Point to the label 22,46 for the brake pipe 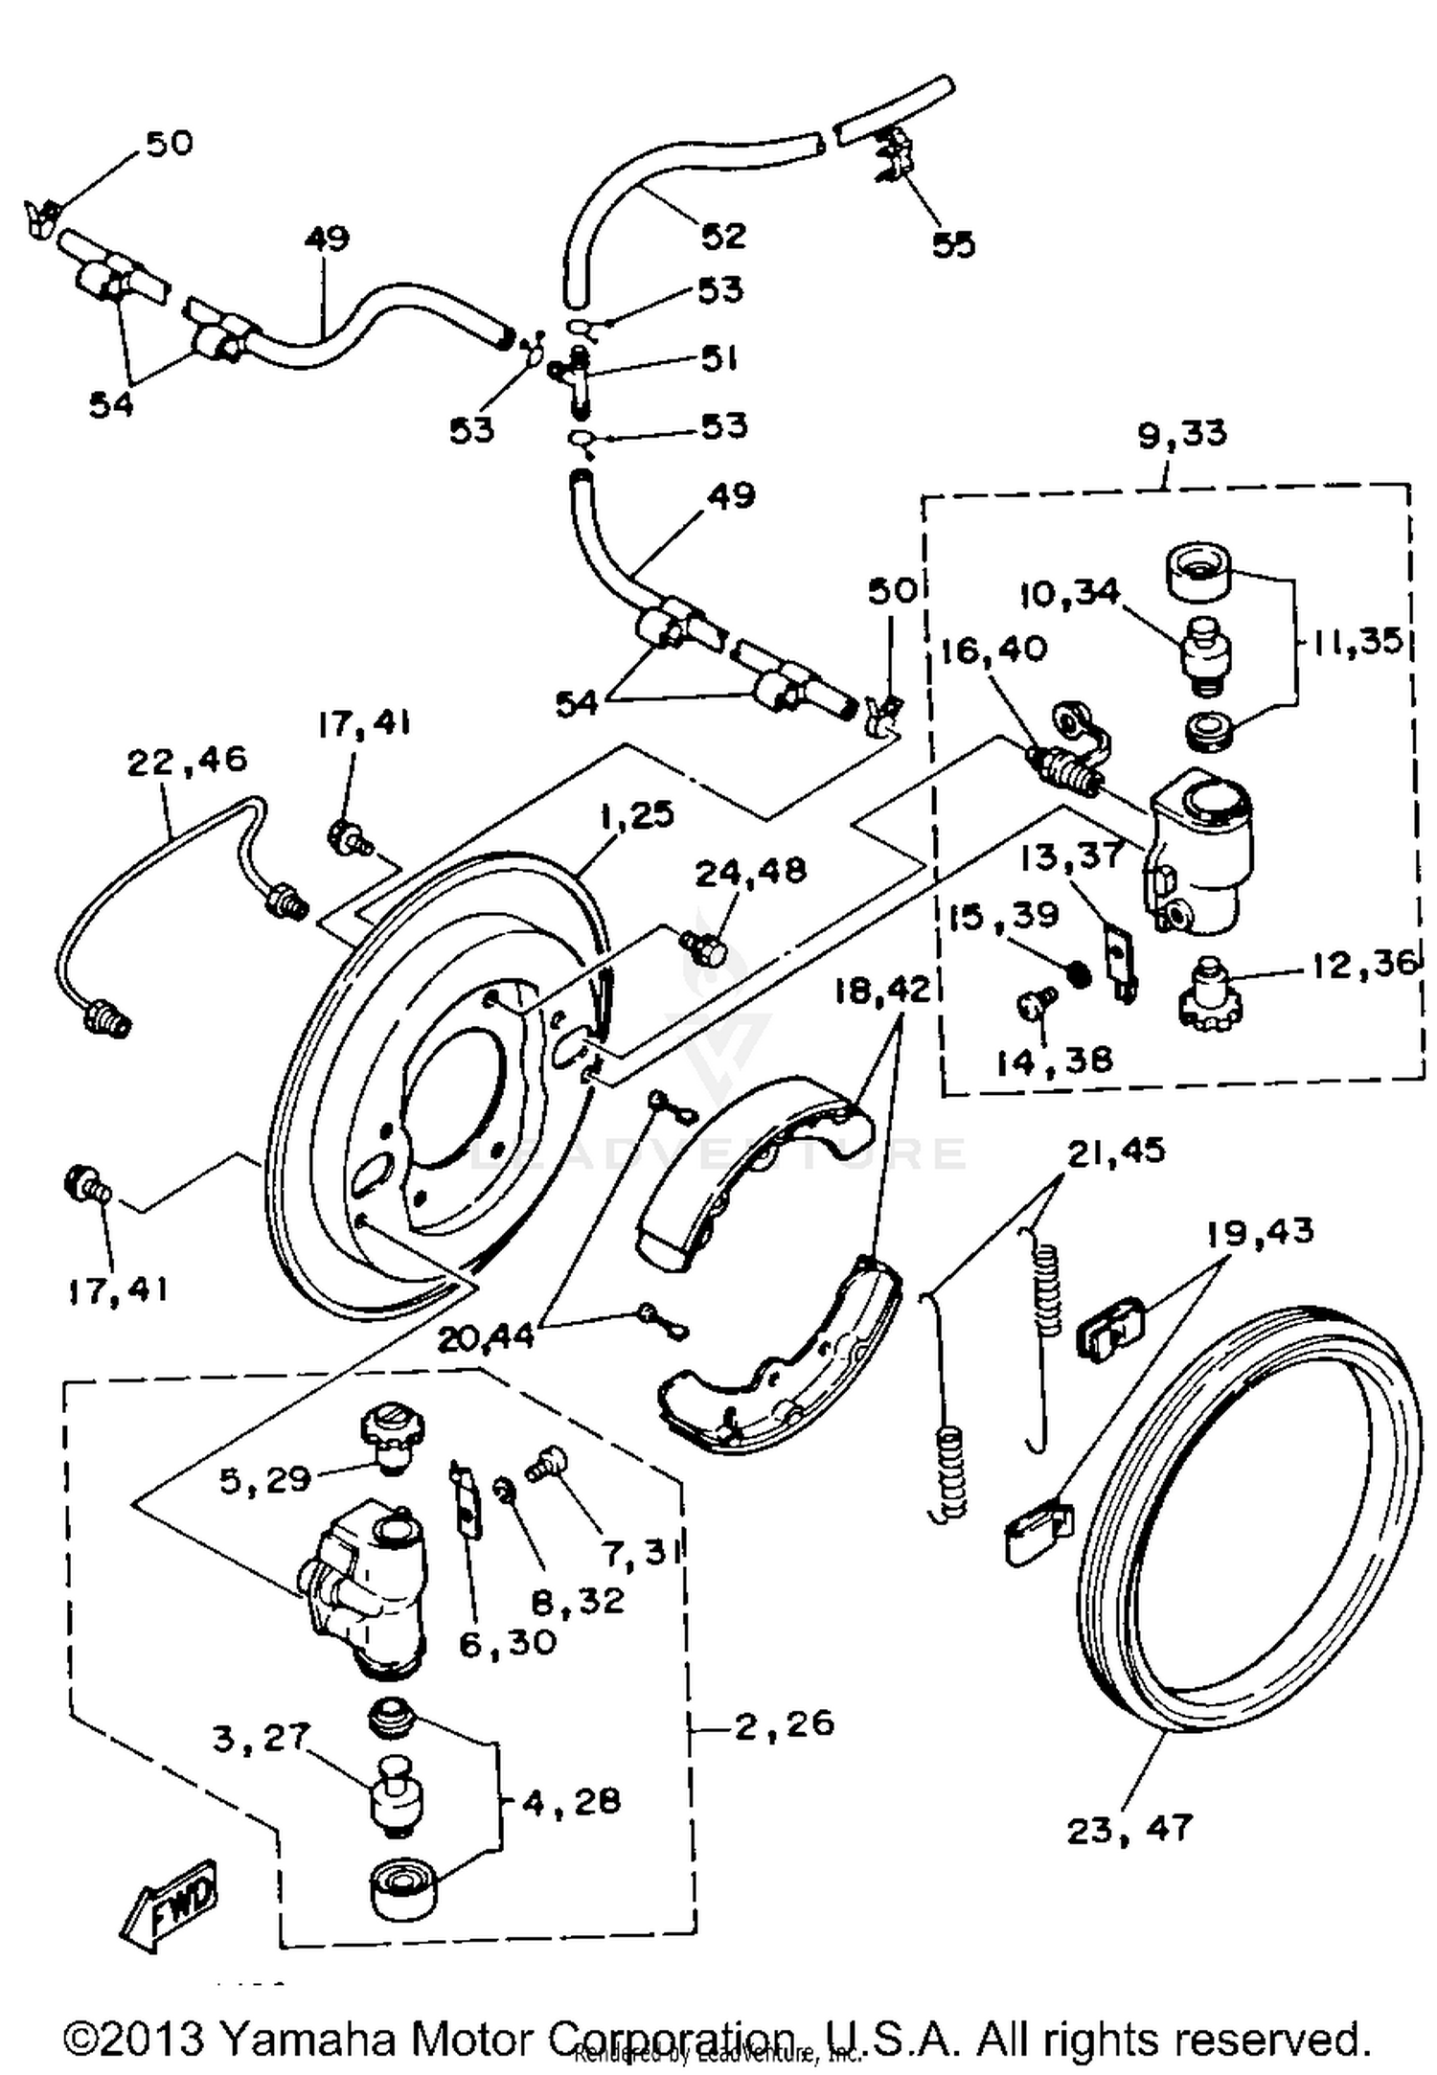tap(187, 761)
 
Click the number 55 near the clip tap(953, 244)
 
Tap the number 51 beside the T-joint tap(718, 359)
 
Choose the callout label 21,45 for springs tap(1116, 1150)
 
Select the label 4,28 tap(571, 1802)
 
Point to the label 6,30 tap(507, 1643)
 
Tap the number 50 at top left tap(169, 143)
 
